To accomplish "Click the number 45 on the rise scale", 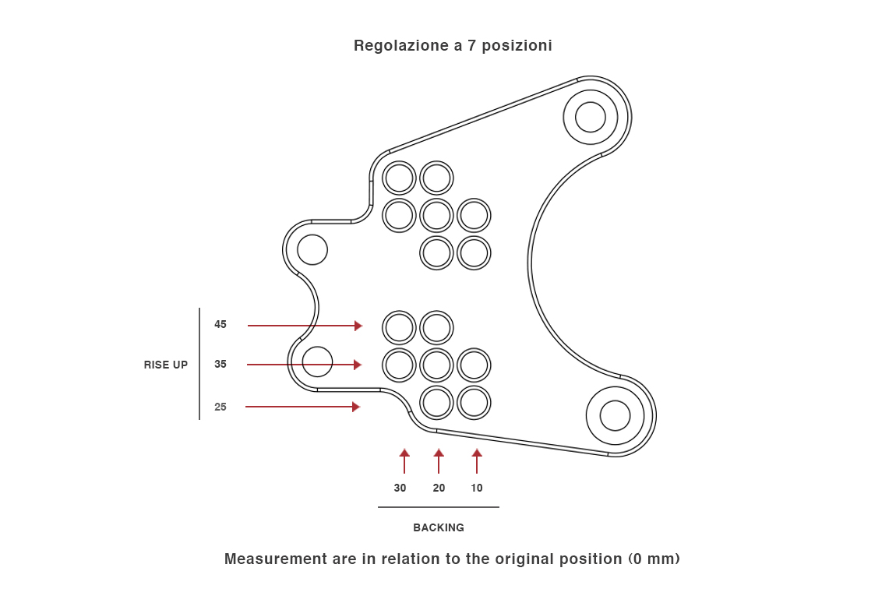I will [220, 325].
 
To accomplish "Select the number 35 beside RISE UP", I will [220, 364].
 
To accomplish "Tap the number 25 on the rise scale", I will [220, 407].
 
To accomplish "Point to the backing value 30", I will [400, 488].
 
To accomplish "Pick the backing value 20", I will [439, 488].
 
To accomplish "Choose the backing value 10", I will [477, 488].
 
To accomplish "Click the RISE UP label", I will [166, 365].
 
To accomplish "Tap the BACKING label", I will [439, 527].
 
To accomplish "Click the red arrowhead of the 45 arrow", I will [358, 326].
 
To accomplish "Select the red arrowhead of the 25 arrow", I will [356, 407].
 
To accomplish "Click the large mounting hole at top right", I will [591, 117].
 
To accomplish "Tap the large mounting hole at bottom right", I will [615, 415].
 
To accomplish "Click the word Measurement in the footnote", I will [275, 559].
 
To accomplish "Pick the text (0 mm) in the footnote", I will [654, 559].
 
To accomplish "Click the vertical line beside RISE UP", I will [199, 364].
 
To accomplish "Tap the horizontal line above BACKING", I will [439, 507].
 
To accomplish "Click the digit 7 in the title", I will [472, 46].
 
